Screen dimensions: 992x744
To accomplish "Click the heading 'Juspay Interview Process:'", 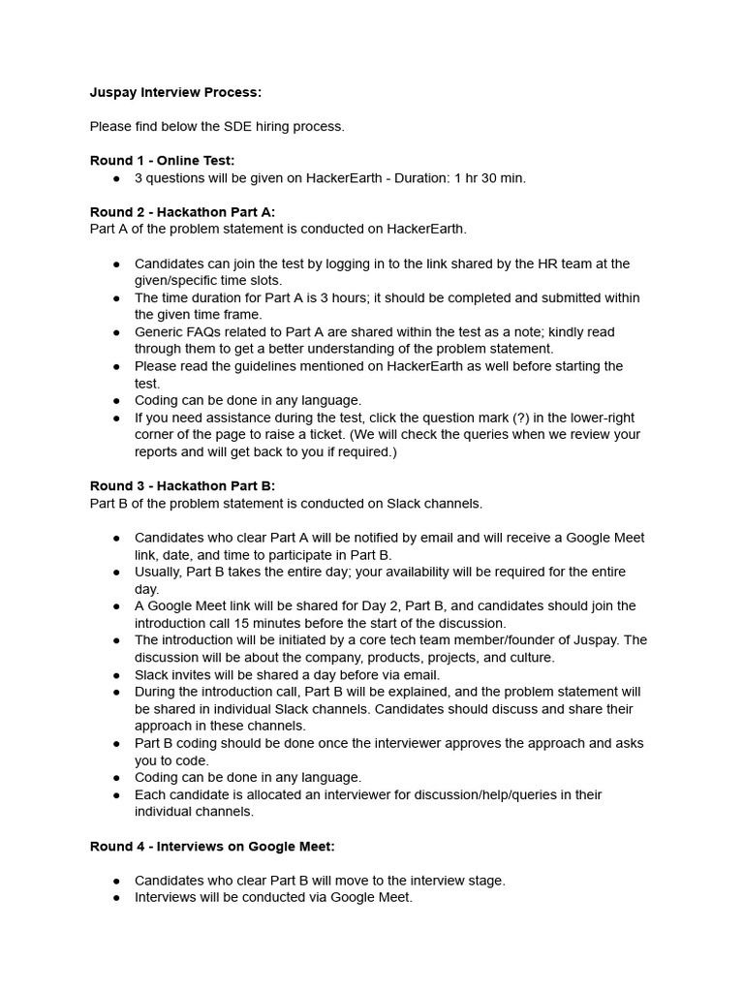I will pyautogui.click(x=175, y=93).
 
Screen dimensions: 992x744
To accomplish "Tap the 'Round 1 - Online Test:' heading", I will pyautogui.click(x=162, y=160).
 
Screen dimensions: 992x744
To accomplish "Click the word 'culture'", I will pyautogui.click(x=532, y=658).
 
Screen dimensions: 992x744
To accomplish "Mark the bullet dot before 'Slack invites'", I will pyautogui.click(x=116, y=675).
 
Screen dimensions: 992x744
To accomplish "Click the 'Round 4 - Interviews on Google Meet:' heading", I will pyautogui.click(x=212, y=846).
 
